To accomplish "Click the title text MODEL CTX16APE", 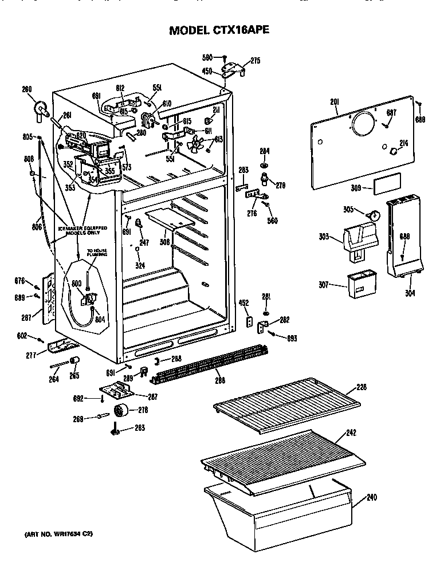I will [x=219, y=31].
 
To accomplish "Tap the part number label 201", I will [x=335, y=102].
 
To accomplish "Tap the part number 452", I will [x=243, y=303].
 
